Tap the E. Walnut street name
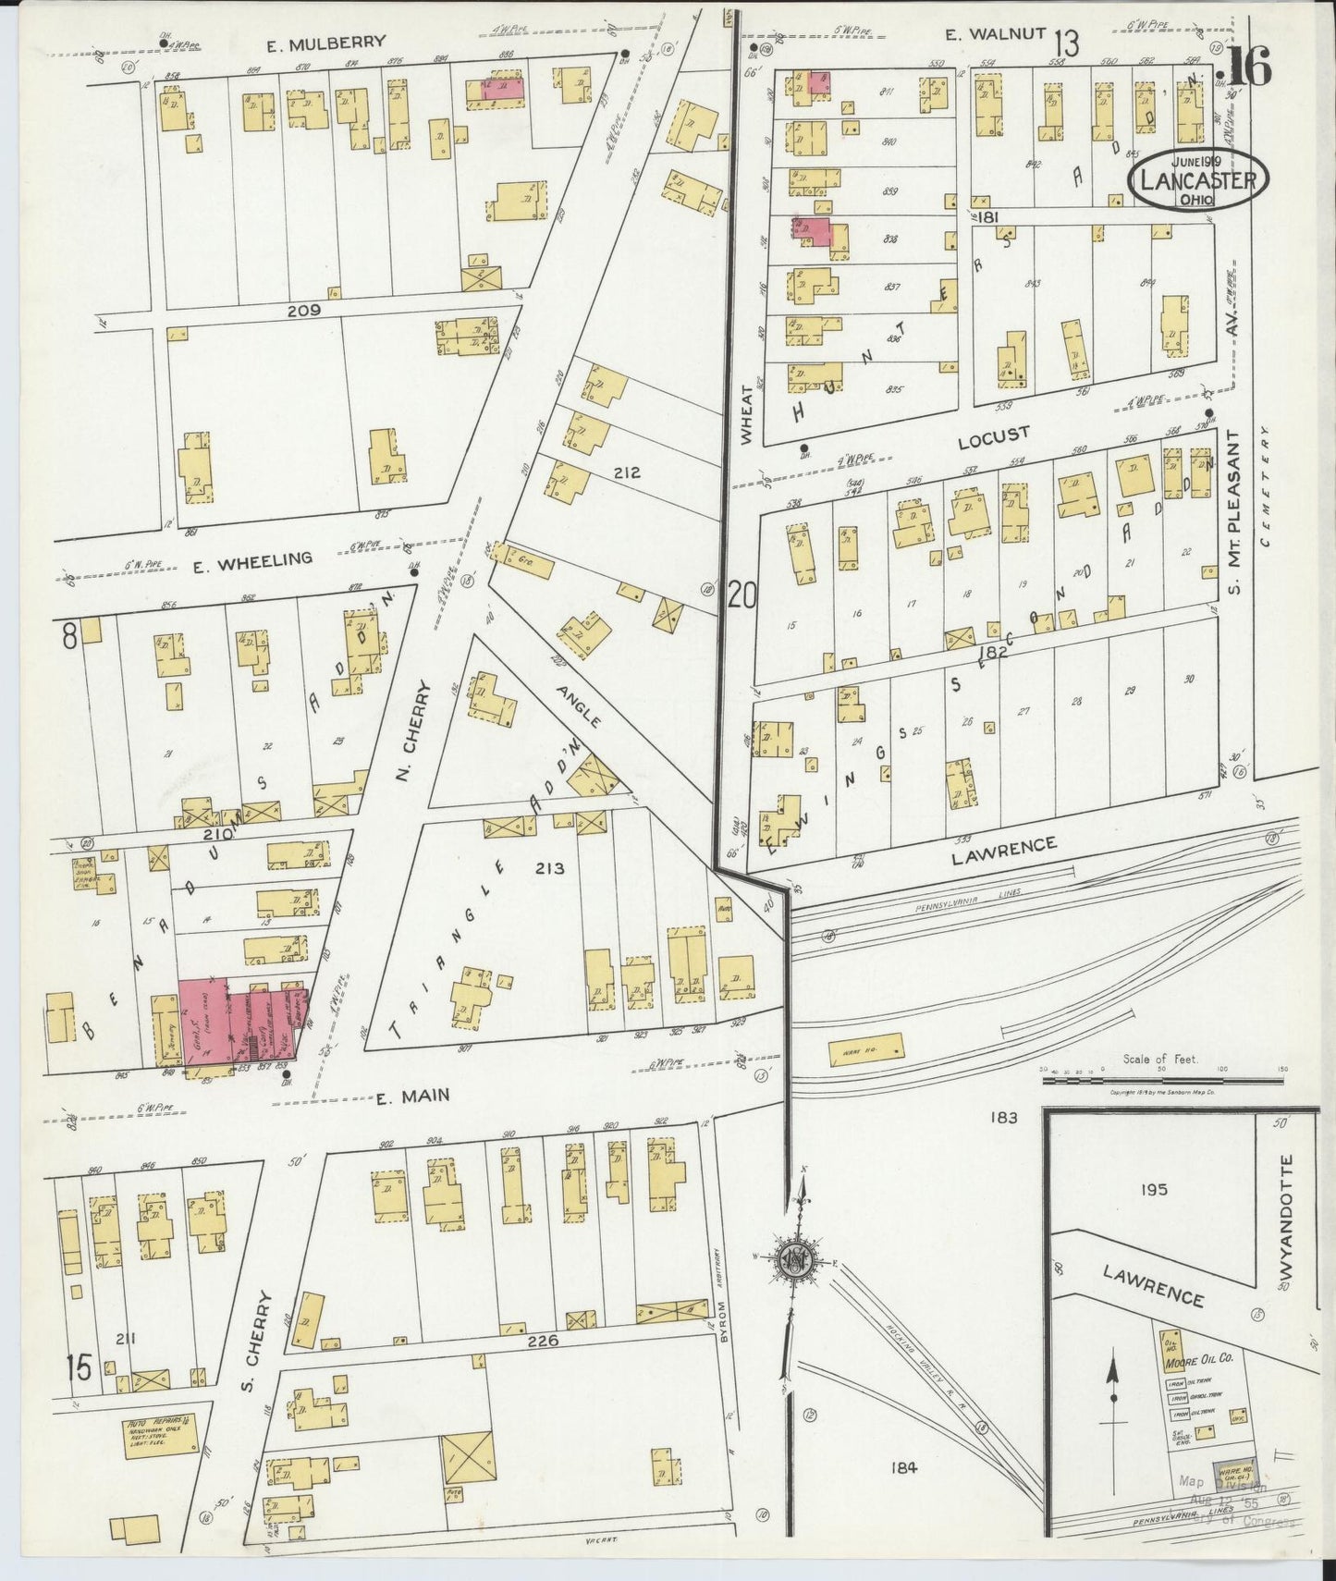(995, 35)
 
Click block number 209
(303, 311)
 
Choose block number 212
(627, 473)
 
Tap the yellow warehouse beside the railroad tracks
(866, 1049)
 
